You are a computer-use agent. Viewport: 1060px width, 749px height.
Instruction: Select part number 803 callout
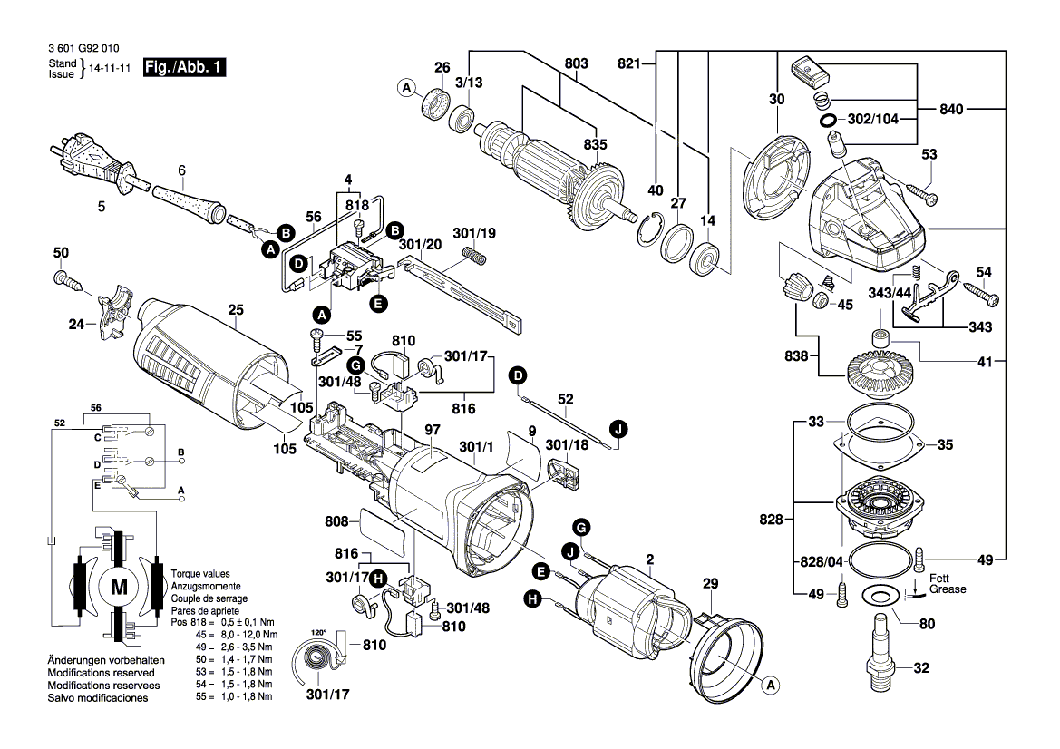576,63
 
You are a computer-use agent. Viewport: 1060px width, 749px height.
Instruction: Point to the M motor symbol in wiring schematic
119,587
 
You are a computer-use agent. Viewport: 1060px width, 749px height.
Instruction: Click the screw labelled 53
919,193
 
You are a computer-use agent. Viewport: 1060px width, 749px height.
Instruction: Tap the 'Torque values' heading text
200,574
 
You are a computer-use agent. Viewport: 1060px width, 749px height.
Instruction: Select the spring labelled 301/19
477,258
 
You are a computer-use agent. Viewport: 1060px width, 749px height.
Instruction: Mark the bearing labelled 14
706,262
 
